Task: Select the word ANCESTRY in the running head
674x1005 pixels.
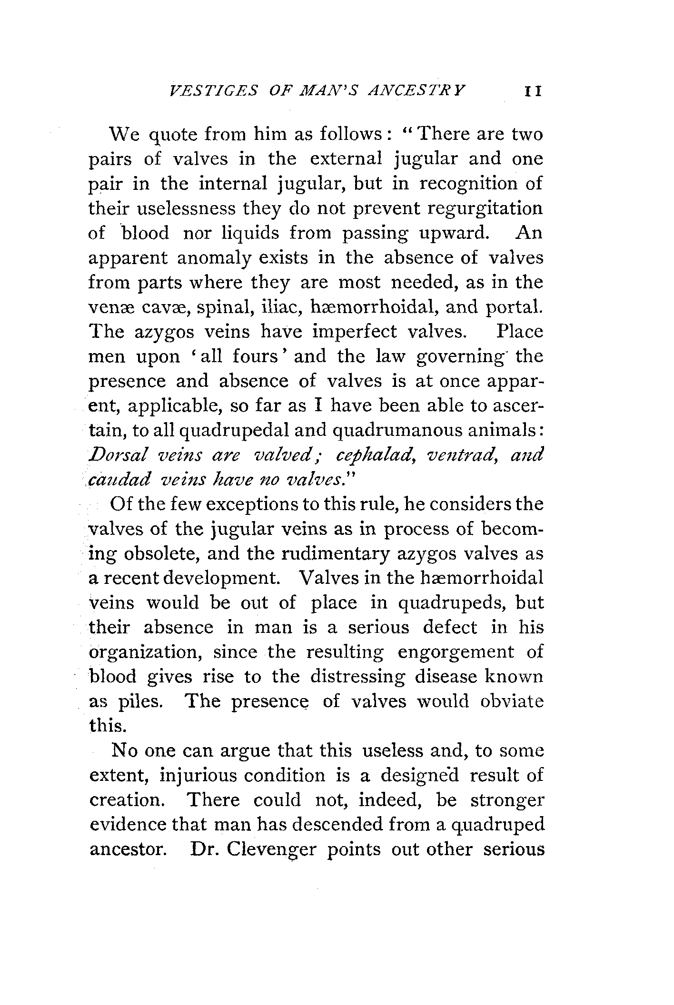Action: [418, 91]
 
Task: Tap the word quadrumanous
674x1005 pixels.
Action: [399, 431]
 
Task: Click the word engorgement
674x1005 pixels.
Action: [456, 652]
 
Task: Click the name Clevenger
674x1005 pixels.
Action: [272, 850]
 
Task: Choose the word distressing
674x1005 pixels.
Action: [357, 677]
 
